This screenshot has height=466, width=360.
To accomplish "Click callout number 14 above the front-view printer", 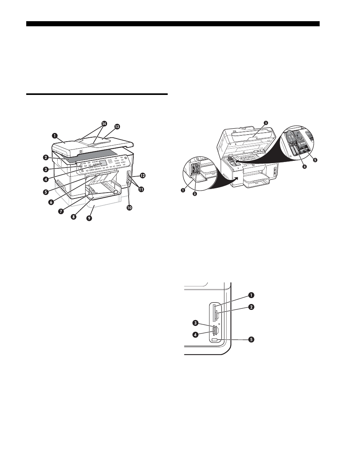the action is (104, 123).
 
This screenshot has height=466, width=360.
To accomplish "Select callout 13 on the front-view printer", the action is (117, 127).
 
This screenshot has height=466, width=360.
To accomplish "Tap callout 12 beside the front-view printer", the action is (143, 175).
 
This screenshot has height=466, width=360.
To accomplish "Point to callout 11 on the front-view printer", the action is (141, 189).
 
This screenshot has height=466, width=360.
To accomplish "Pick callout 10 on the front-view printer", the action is (129, 208).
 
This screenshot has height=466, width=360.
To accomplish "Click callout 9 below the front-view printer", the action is (89, 218).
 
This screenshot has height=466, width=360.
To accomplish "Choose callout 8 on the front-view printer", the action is (73, 217).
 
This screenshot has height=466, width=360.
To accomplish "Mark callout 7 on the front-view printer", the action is (61, 211).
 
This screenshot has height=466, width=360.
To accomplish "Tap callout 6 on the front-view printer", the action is (51, 202).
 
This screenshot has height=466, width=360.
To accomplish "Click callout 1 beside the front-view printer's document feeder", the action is (55, 135).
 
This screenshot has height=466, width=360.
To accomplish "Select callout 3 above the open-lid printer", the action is (266, 122).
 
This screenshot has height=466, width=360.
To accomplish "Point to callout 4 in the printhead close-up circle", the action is (304, 167).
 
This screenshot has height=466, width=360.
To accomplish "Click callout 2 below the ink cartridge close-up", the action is (195, 194).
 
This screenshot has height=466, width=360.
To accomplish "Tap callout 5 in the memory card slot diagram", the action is (251, 339).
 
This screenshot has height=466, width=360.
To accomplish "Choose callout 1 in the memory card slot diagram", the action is (251, 295).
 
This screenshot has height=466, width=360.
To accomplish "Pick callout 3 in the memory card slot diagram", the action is (195, 323).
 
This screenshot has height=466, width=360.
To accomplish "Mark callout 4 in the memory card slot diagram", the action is (195, 335).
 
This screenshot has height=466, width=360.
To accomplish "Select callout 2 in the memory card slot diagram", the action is (251, 307).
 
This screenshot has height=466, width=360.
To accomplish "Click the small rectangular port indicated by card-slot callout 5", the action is (215, 339).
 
